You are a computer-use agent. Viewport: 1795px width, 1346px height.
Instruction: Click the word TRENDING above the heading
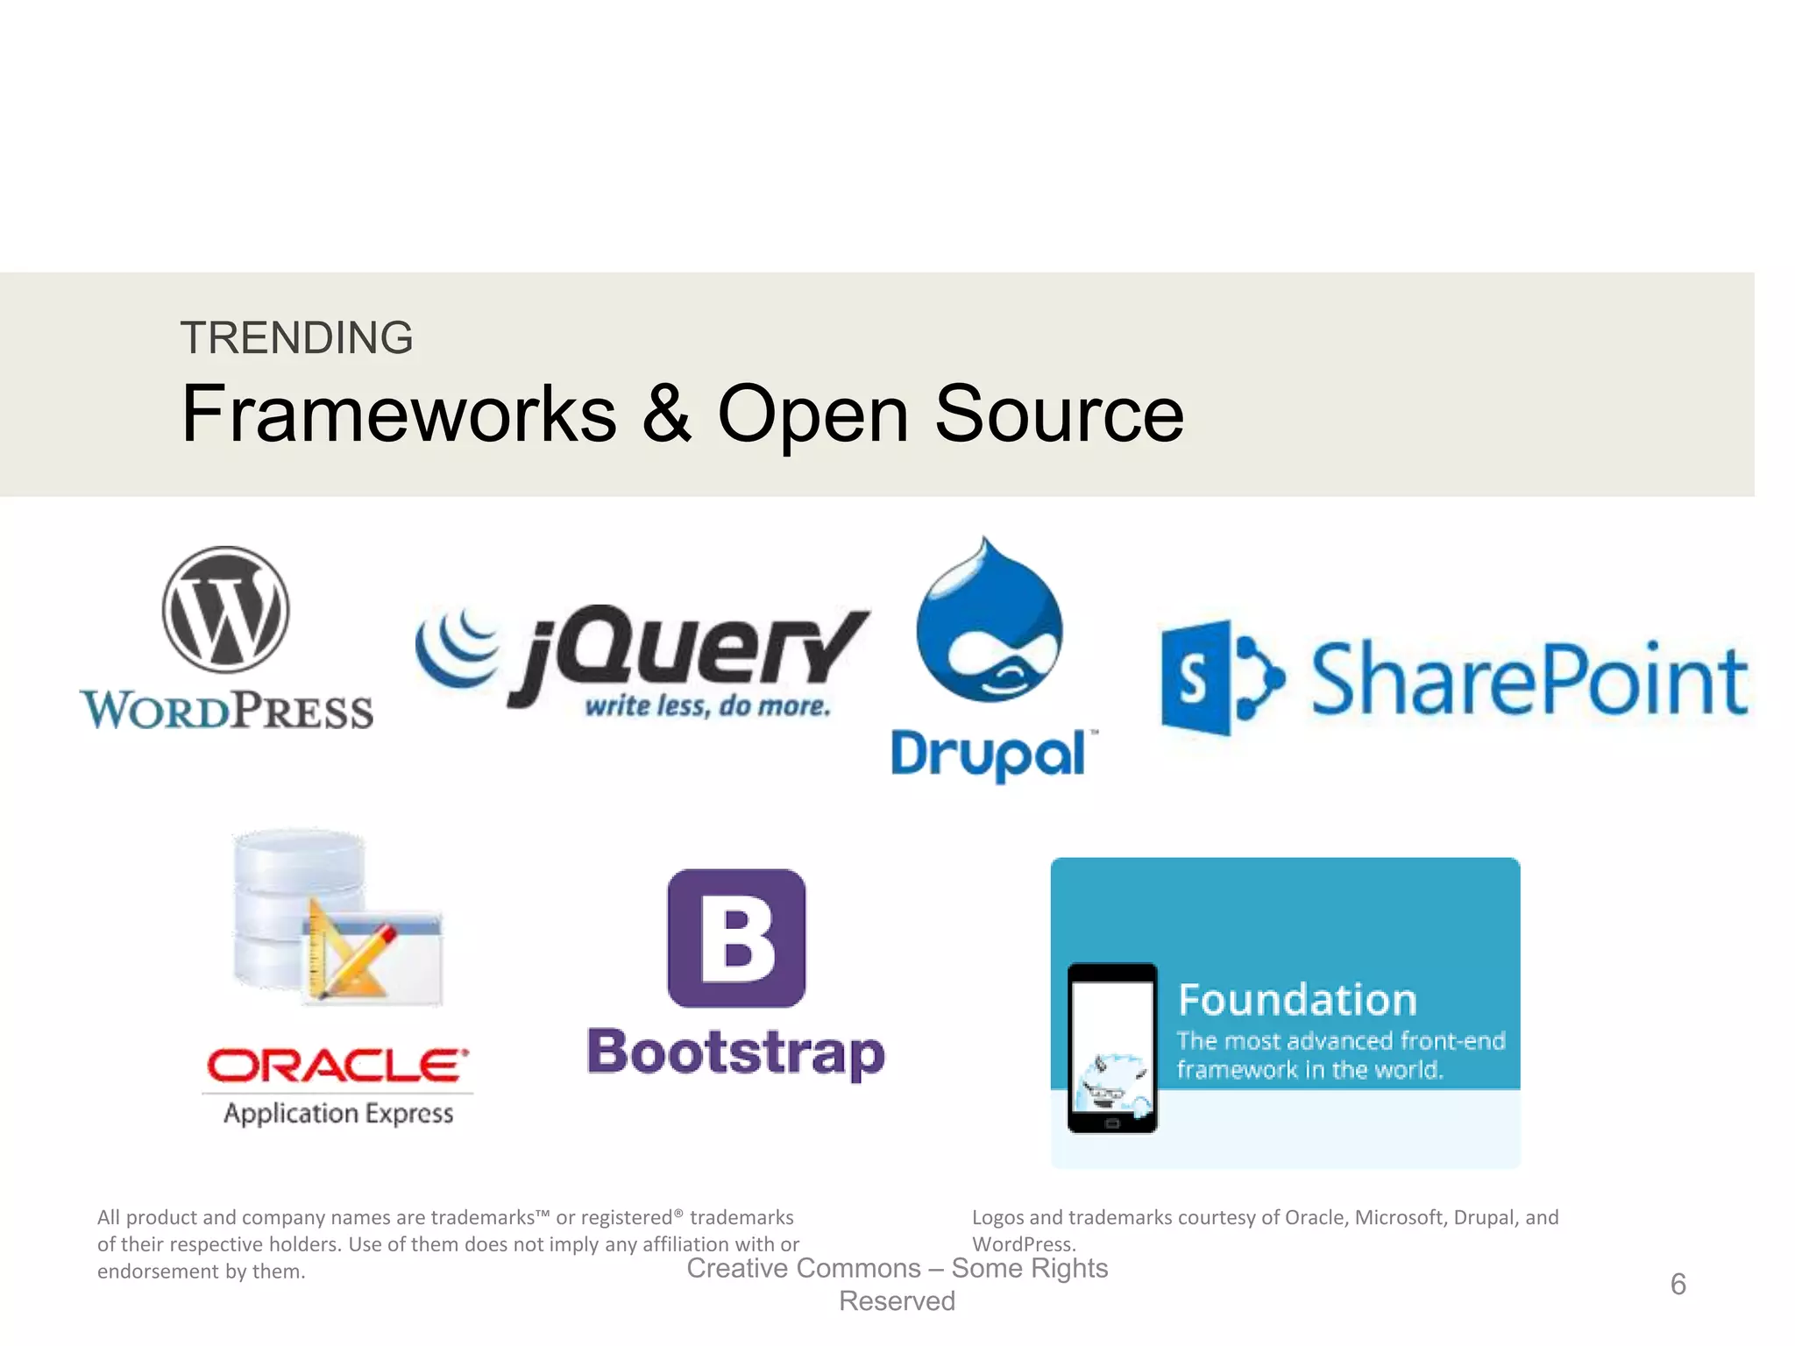(296, 338)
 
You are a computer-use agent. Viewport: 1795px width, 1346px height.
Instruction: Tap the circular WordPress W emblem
(225, 610)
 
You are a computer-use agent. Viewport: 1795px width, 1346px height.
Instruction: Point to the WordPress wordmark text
(227, 710)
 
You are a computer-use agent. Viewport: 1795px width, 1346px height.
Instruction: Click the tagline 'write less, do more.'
(707, 706)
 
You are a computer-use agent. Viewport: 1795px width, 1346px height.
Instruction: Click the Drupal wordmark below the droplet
(989, 754)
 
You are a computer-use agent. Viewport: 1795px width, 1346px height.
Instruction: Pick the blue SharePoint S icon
(1220, 677)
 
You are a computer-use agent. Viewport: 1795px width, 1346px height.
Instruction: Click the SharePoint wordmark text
(1529, 679)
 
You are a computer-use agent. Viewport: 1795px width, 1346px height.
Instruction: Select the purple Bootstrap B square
(736, 938)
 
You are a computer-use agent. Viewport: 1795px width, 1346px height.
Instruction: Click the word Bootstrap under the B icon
(735, 1053)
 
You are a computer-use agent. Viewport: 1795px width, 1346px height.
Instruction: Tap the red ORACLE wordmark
(337, 1066)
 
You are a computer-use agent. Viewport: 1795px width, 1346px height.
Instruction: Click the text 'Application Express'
(338, 1114)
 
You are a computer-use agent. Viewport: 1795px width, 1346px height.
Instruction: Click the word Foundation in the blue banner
(1297, 1000)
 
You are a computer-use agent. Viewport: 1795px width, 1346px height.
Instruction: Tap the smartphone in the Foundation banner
(1112, 1048)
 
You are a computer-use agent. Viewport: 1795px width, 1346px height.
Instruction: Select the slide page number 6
(1678, 1285)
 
